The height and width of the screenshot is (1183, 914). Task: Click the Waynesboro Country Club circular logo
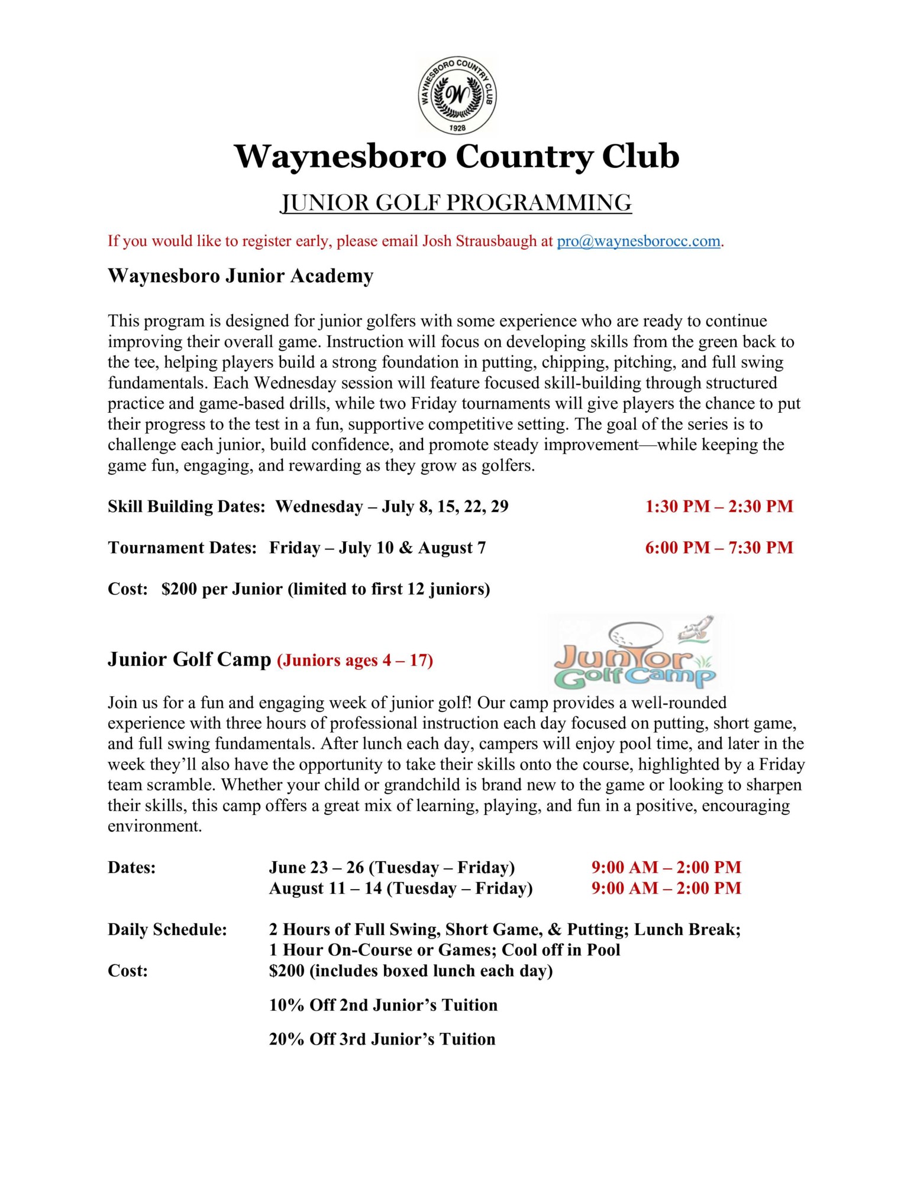[x=457, y=95]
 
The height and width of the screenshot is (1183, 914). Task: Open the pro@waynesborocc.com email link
[x=638, y=241]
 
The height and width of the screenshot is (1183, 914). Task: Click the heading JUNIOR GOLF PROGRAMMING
[x=456, y=202]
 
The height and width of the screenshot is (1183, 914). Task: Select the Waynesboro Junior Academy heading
[x=240, y=276]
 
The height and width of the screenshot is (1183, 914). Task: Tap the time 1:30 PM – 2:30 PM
[x=719, y=506]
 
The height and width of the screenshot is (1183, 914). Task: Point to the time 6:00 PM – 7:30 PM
[x=719, y=548]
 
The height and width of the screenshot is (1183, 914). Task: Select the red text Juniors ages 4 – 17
[x=355, y=660]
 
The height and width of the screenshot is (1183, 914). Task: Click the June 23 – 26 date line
[x=392, y=867]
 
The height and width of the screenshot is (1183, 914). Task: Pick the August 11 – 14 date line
[x=401, y=888]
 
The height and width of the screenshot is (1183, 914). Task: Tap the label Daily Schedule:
[x=167, y=929]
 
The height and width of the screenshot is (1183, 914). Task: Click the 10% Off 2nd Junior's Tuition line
[x=383, y=1005]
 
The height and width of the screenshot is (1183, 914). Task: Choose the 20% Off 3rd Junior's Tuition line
[x=382, y=1039]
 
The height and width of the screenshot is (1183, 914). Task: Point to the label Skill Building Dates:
[x=186, y=506]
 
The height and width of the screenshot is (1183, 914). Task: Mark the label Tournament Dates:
[x=182, y=548]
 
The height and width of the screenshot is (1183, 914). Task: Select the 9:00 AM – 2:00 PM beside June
[x=666, y=867]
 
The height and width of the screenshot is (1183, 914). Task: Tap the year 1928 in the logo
[x=457, y=128]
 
